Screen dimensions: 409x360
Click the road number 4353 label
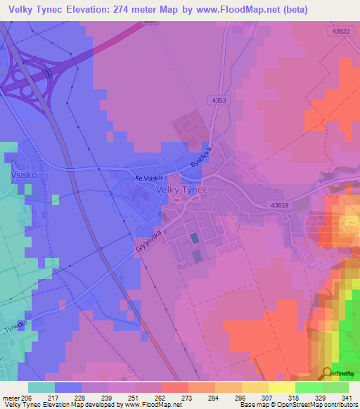[x=219, y=101]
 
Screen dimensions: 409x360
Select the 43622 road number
[x=342, y=32]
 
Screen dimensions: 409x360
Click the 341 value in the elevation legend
[x=347, y=397]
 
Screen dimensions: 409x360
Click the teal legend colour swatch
[x=41, y=387]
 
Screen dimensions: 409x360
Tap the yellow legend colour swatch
[x=281, y=387]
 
